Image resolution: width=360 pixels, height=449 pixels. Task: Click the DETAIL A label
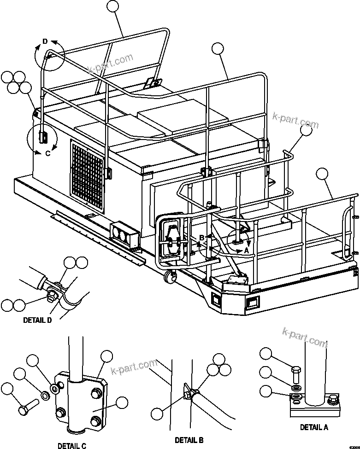(314, 427)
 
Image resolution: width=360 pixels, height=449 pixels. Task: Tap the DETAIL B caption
(189, 440)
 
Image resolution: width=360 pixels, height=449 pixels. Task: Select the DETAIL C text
(71, 445)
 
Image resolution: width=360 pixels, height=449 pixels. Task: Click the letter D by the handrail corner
(45, 41)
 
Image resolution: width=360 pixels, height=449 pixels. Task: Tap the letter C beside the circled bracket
(47, 153)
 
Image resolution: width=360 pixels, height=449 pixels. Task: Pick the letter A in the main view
(246, 251)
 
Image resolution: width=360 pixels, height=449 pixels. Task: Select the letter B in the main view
(201, 238)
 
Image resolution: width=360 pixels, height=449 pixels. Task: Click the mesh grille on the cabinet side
(89, 170)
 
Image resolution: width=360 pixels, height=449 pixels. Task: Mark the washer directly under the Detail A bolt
(295, 384)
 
